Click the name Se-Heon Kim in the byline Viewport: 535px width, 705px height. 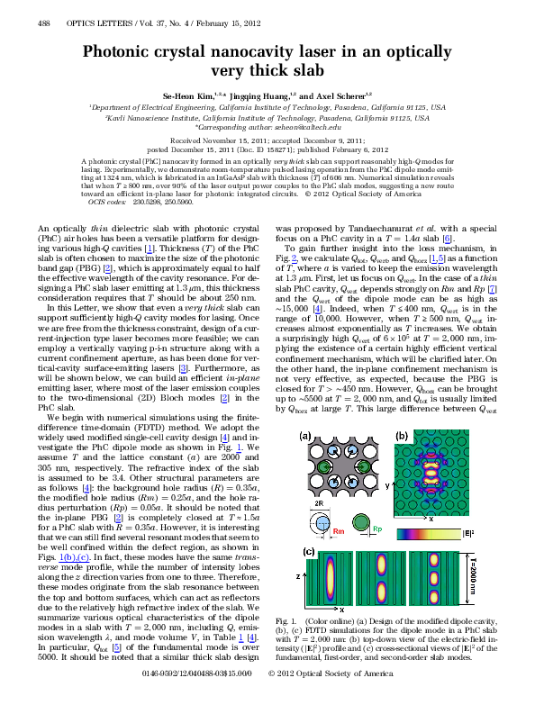[208, 95]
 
